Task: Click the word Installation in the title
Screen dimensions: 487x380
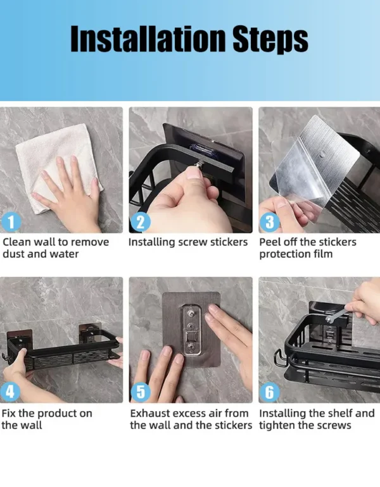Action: [149, 39]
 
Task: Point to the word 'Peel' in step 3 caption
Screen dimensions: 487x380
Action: [270, 242]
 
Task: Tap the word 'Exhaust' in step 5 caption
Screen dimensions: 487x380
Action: [151, 413]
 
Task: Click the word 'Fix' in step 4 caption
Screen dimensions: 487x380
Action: [9, 413]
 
